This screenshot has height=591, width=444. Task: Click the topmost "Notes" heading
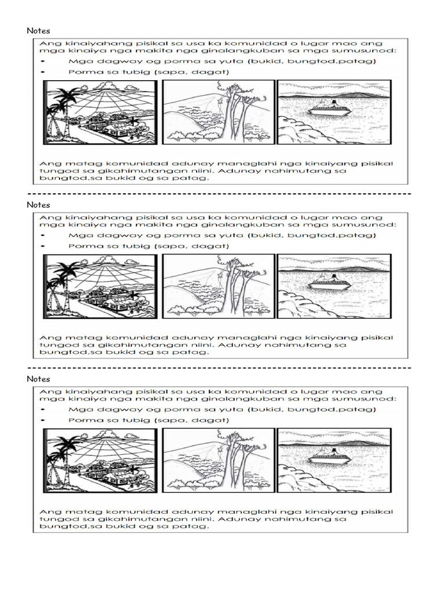tap(38, 31)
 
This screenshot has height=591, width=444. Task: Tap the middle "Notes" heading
tap(38, 205)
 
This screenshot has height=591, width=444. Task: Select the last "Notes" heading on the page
tap(38, 379)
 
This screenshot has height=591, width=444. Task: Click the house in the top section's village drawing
tap(119, 128)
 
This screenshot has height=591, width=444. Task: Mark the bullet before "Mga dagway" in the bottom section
tap(45, 410)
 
